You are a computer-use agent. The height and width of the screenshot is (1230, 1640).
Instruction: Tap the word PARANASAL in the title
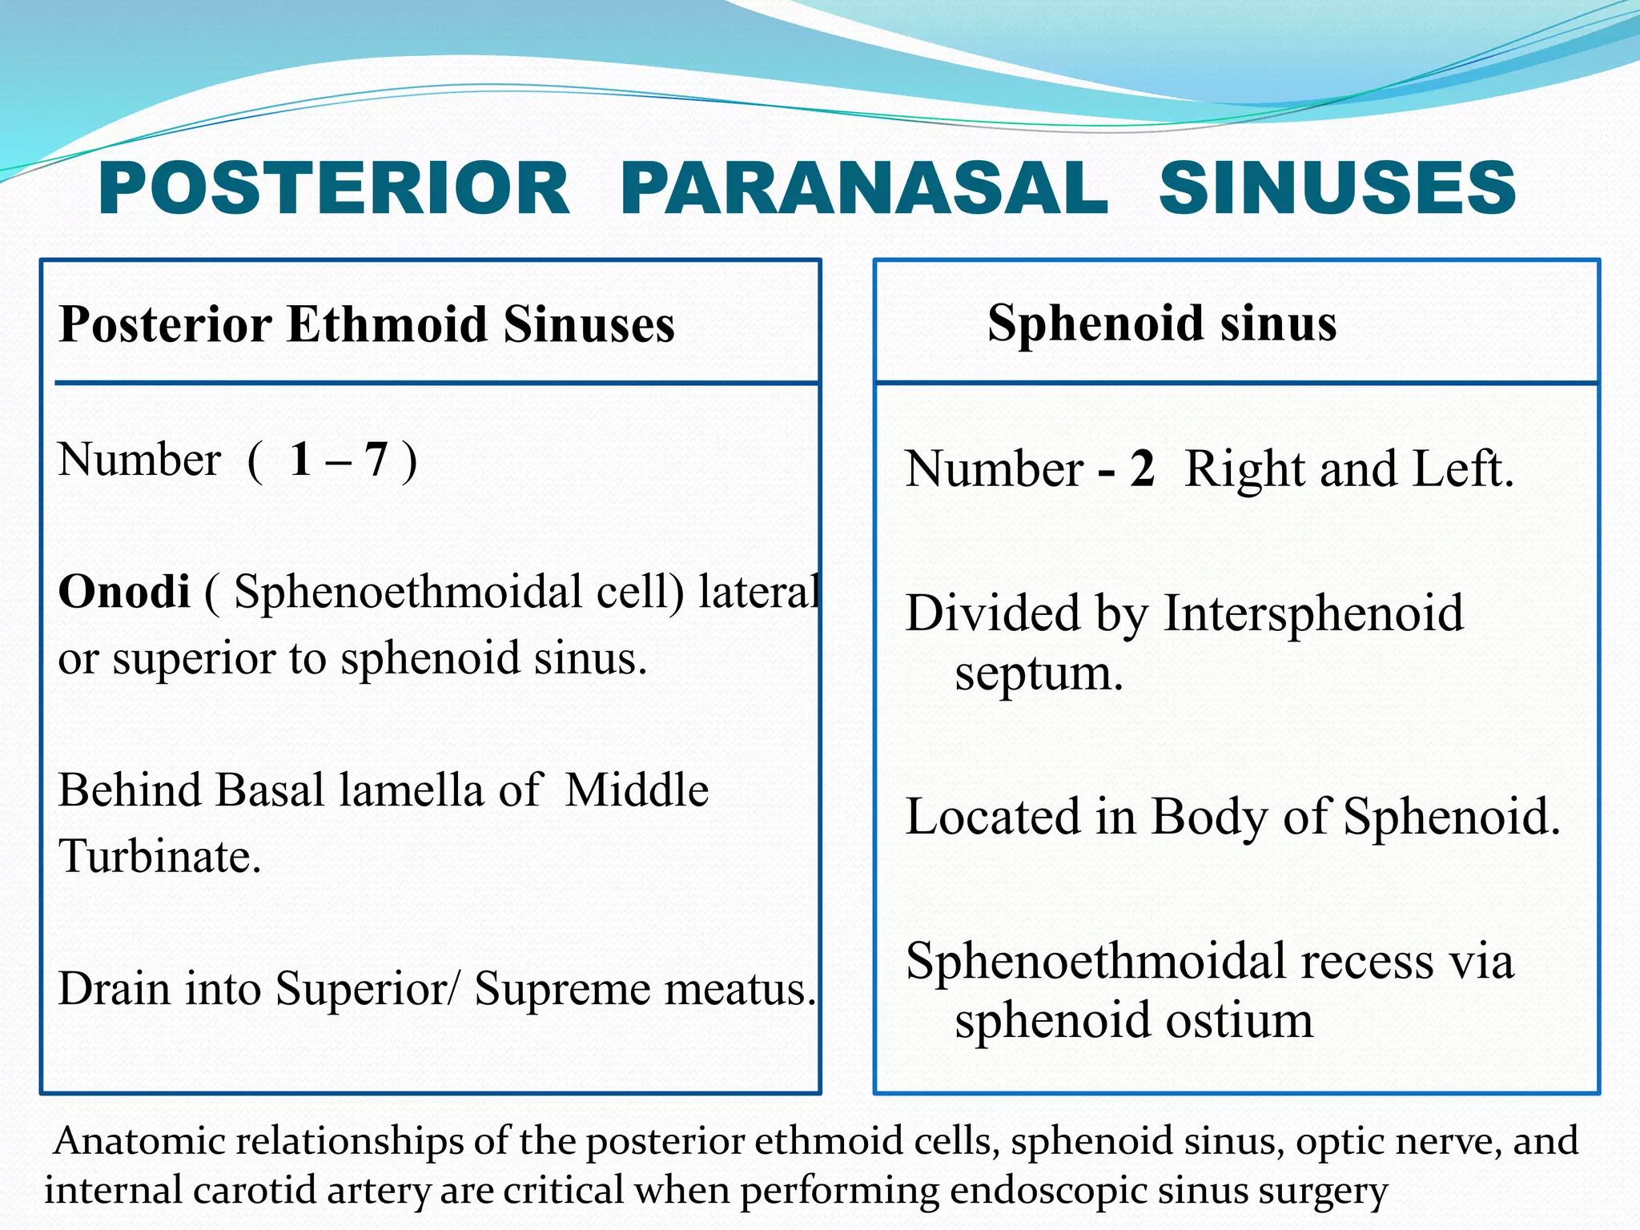tap(863, 188)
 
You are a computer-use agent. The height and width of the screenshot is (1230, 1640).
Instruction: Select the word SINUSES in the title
tap(1337, 188)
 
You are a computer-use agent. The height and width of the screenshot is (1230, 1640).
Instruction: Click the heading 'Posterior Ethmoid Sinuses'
tap(367, 324)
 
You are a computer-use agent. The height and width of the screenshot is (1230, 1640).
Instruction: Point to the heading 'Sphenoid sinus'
tap(1161, 323)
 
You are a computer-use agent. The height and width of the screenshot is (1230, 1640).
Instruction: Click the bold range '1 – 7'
tap(339, 460)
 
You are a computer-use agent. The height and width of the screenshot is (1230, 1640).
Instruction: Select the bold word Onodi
tap(124, 592)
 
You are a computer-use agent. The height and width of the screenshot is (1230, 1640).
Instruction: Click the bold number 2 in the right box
tap(1142, 468)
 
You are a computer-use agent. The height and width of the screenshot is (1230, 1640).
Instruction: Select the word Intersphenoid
tap(1312, 613)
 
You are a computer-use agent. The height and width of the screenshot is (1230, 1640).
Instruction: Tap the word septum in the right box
tap(1039, 673)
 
